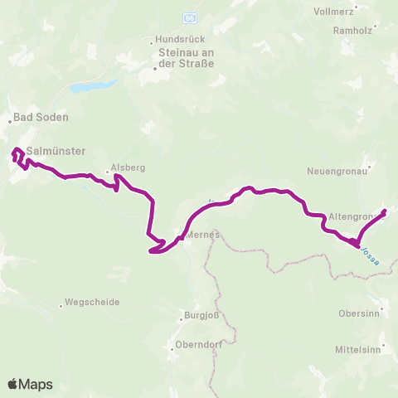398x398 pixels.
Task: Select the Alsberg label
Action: coord(129,167)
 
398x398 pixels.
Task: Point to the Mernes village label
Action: coord(203,235)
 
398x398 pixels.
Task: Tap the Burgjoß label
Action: coord(198,316)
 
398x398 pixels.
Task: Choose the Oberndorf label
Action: coord(196,345)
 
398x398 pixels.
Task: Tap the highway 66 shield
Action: coord(191,17)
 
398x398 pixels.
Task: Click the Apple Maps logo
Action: coord(29,384)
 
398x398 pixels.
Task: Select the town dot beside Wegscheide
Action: coord(61,304)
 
